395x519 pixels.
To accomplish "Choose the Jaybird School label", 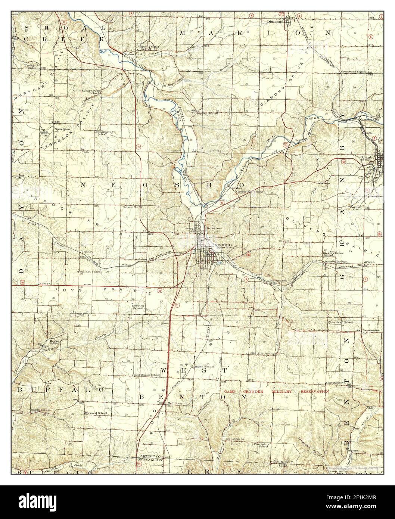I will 138,307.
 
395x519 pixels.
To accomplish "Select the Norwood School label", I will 96,413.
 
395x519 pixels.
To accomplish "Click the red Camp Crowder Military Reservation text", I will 276,392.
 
